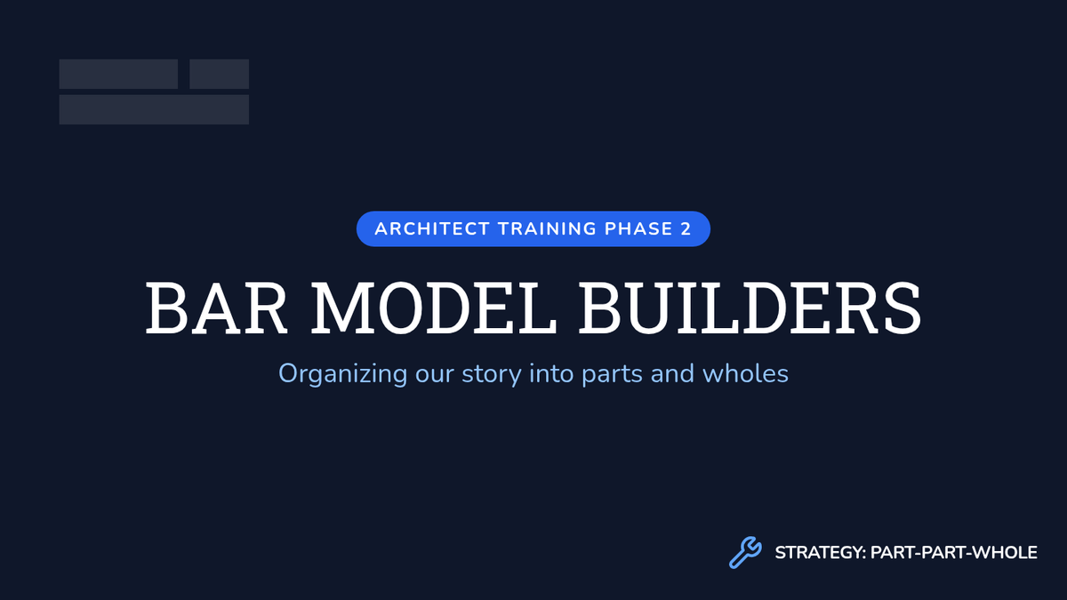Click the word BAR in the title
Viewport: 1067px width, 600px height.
(217, 308)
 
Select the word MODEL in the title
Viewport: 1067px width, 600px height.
(434, 308)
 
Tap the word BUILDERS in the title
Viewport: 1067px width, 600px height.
(750, 308)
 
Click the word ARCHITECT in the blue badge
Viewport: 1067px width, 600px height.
(432, 229)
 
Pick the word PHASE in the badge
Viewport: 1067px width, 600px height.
(638, 229)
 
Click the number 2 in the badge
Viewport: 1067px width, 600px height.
(686, 229)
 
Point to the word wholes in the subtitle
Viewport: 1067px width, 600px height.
(745, 373)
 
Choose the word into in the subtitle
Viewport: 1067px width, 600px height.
(552, 373)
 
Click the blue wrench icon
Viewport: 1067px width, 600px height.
(745, 552)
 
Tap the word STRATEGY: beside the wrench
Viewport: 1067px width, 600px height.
(820, 553)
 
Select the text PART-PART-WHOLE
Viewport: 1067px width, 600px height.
(954, 553)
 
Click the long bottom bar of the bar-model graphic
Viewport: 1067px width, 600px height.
(154, 109)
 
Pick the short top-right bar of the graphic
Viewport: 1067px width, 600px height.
(219, 74)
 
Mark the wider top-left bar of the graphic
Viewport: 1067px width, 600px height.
(118, 74)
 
